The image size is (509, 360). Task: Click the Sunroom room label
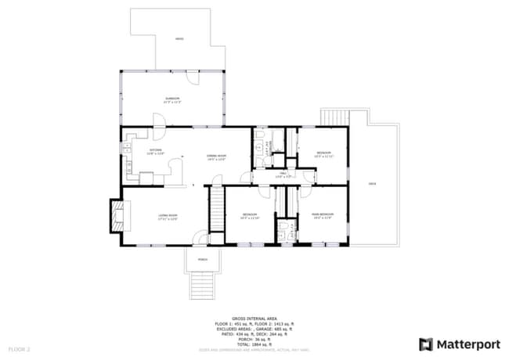tap(171, 99)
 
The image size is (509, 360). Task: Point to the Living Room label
tap(168, 217)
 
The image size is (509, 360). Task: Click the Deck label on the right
tap(372, 184)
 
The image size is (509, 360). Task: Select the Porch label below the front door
tap(202, 259)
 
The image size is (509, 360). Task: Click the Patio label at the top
tap(179, 38)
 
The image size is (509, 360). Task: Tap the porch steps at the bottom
tap(202, 285)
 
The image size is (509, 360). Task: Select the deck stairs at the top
tap(334, 117)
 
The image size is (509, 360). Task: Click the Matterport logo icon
tap(426, 344)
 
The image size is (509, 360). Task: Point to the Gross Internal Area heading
tap(254, 319)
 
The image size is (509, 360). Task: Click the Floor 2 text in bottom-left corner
tap(19, 348)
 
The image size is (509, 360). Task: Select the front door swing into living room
tap(200, 236)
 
